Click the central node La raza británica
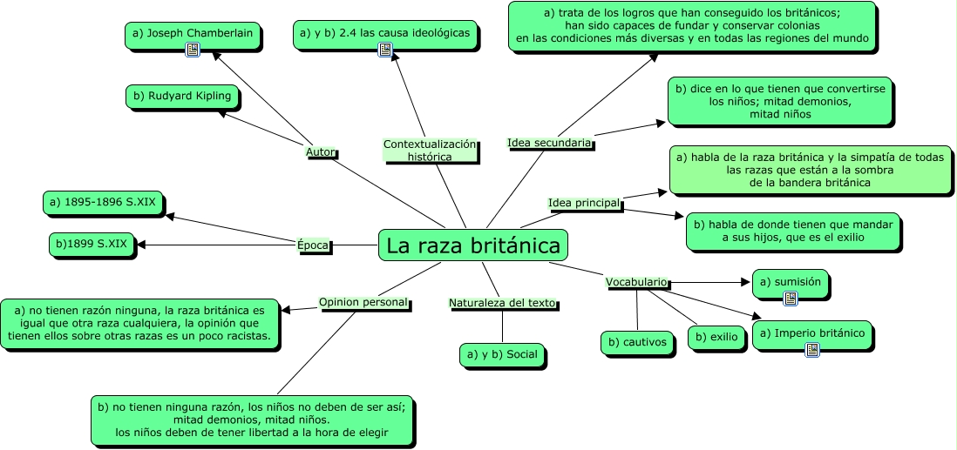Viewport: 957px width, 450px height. coord(473,245)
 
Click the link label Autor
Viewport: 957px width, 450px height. coord(321,152)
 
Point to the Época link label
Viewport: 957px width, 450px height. coord(313,245)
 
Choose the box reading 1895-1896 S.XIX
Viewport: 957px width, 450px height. coord(103,203)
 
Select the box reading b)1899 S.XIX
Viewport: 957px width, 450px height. coord(92,245)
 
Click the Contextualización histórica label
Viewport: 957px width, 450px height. coord(431,151)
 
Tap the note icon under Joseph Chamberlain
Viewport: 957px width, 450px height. coord(193,50)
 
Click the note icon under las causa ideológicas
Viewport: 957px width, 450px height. coord(384,50)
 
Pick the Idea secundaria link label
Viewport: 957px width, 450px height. coord(549,142)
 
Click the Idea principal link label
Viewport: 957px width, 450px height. coord(584,203)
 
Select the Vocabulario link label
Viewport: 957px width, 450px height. coord(637,282)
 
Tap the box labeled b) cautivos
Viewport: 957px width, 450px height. coord(637,343)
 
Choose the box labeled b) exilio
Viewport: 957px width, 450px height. coord(717,335)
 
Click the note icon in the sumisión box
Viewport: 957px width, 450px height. coord(791,299)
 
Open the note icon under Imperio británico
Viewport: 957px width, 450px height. coord(812,350)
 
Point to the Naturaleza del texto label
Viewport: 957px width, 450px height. coord(502,303)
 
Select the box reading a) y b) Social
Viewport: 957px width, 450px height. coord(502,354)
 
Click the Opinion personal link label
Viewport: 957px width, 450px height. coord(363,302)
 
